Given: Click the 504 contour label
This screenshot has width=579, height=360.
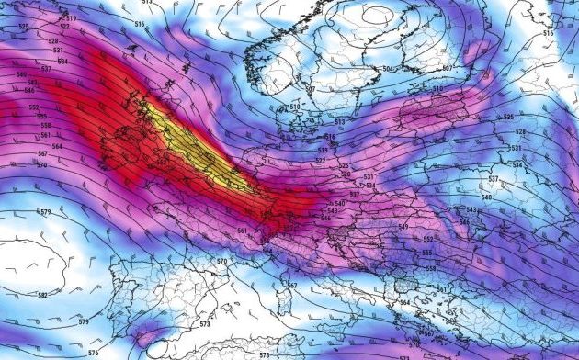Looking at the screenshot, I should pos(388,70).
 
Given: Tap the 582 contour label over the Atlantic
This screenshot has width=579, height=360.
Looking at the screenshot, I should pos(42,296).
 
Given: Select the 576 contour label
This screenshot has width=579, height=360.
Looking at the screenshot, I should pos(93,353).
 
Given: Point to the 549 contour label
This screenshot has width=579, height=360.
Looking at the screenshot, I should pos(402,227).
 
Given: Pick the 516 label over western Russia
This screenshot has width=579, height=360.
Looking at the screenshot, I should pos(549,33).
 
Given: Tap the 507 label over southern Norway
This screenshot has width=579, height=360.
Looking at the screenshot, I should pos(311,89).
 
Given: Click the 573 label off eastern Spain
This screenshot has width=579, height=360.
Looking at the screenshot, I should pos(204,324).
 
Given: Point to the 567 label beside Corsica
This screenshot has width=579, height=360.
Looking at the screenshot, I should pos(292,286).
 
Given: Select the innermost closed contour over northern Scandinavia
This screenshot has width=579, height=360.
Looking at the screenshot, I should pos(380,15).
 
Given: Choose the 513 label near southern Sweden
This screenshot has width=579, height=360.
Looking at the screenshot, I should pos(339,122).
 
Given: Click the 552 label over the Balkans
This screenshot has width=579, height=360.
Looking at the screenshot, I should pos(428,239).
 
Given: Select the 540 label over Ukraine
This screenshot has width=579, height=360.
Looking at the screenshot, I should pos(486,197).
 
